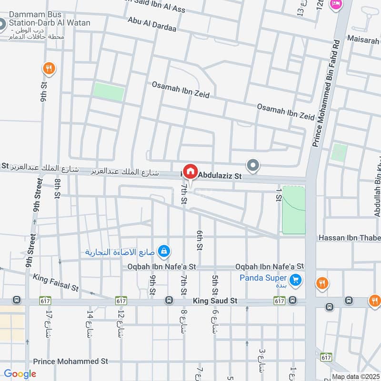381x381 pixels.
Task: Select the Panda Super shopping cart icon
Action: click(296, 280)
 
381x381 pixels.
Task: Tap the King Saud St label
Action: click(215, 301)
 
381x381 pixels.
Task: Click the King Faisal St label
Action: click(55, 282)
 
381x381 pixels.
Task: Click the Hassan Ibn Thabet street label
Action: click(349, 238)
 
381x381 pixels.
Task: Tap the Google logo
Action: click(20, 374)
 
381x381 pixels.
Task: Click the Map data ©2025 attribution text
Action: click(355, 377)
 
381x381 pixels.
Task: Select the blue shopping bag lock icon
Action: click(163, 251)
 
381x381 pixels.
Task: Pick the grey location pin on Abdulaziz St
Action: click(253, 166)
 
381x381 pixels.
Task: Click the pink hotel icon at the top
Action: click(336, 4)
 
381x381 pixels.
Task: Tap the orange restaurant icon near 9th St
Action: click(49, 69)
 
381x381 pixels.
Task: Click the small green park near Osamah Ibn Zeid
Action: click(109, 91)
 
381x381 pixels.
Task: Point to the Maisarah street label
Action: click(363, 40)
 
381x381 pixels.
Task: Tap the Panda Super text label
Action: click(263, 278)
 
